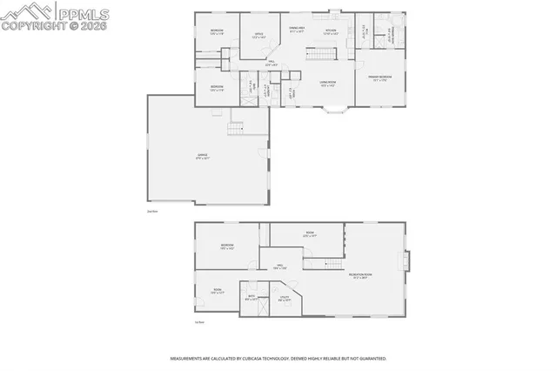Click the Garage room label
click(203, 158)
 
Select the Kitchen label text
click(330, 31)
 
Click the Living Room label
click(328, 84)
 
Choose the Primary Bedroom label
click(379, 78)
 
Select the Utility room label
click(285, 298)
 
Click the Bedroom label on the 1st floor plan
click(228, 246)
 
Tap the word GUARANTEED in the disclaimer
click(369, 358)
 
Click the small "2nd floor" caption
click(152, 210)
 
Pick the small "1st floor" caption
click(199, 323)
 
